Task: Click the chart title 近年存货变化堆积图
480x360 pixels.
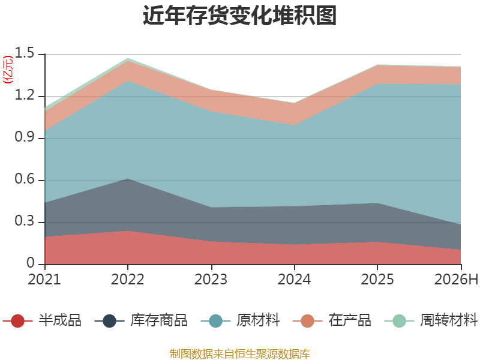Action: pos(239,16)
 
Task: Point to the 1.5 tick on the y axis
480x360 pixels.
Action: pos(25,53)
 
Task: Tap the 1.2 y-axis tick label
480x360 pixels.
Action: pos(25,95)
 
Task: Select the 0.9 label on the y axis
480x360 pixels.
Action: pos(25,137)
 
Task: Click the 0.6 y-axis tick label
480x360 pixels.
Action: pos(25,179)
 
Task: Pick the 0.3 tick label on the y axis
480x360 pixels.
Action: pos(25,221)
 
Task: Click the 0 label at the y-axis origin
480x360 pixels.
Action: pos(31,263)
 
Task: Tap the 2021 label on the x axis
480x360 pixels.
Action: pos(44,279)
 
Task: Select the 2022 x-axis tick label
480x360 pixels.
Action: pos(127,279)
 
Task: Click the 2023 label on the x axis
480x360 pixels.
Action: pos(211,279)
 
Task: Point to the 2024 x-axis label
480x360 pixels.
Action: pos(294,279)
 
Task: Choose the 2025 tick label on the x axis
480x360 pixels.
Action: pos(377,279)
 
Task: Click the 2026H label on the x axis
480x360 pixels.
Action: pos(456,279)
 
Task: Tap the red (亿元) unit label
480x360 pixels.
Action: pos(8,70)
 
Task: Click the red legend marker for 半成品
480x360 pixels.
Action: pos(17,321)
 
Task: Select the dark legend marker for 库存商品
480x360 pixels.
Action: pos(109,321)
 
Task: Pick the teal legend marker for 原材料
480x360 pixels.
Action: pos(215,321)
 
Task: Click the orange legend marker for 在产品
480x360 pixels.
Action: pos(307,321)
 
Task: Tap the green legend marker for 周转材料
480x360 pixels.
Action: pos(399,321)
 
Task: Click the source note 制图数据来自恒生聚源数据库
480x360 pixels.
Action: pos(240,353)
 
